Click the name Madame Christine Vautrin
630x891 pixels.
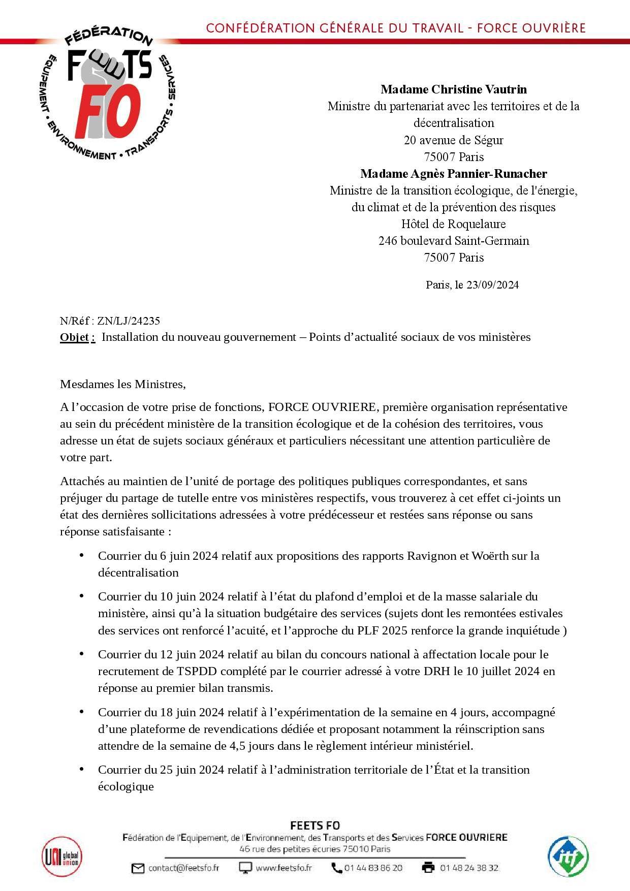pyautogui.click(x=453, y=89)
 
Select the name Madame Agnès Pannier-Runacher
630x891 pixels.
pyautogui.click(x=453, y=174)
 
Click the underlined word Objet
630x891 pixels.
pyautogui.click(x=77, y=337)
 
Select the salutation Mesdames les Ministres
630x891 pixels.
pyautogui.click(x=123, y=384)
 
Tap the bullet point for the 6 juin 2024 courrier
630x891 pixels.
pyautogui.click(x=81, y=556)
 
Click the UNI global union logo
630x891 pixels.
pyautogui.click(x=62, y=858)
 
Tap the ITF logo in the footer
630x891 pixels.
pyautogui.click(x=568, y=857)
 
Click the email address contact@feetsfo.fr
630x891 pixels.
pyautogui.click(x=183, y=868)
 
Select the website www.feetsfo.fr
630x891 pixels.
pyautogui.click(x=283, y=868)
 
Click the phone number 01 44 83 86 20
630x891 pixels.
pyautogui.click(x=373, y=868)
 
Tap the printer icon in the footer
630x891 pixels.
pyautogui.click(x=428, y=868)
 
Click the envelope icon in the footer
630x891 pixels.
pyautogui.click(x=138, y=868)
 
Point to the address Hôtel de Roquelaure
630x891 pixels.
pyautogui.click(x=453, y=224)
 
